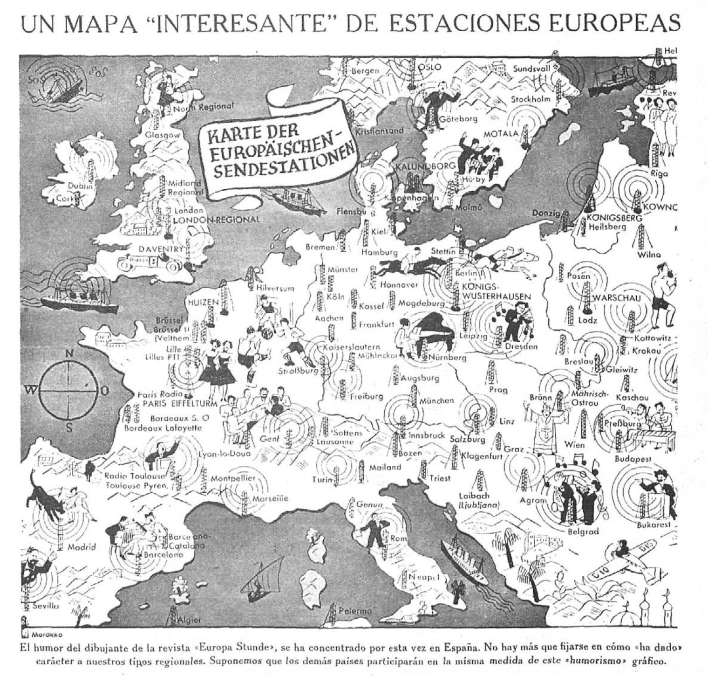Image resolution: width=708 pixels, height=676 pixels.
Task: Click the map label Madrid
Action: pos(82,547)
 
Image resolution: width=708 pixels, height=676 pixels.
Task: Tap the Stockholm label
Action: pos(531,99)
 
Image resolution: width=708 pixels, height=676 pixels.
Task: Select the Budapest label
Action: pos(633,459)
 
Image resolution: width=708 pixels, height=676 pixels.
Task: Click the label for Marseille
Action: pos(270,498)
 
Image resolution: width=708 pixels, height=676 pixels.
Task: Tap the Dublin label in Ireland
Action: pos(81,186)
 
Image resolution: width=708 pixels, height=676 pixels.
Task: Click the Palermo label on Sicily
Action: pos(354,610)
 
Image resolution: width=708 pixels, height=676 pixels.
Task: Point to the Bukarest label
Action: pos(654,524)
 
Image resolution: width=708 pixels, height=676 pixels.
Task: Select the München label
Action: pos(436,400)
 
